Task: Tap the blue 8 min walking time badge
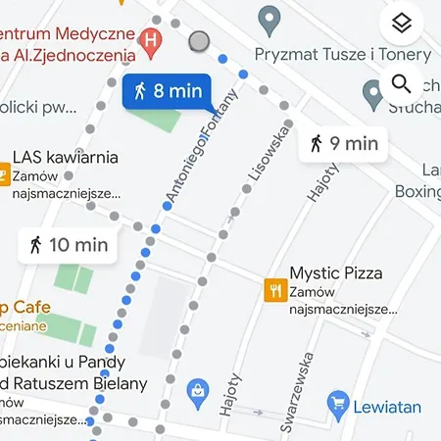166,92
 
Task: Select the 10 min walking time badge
68,245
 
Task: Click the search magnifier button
400,84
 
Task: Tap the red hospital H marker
150,40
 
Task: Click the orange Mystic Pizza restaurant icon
275,289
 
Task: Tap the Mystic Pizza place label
336,273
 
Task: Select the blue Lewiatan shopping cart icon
338,401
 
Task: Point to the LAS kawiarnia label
66,157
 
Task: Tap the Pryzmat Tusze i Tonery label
342,54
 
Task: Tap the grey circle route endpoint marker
199,41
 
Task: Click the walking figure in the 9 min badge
316,143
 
